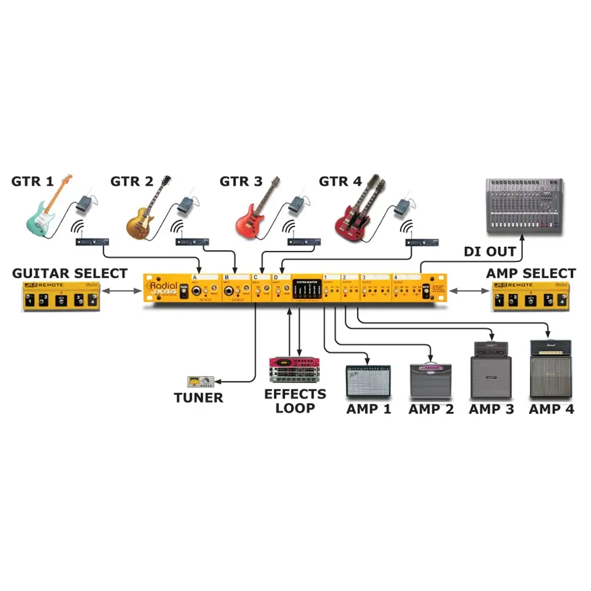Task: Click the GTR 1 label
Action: pyautogui.click(x=32, y=181)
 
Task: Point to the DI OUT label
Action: pyautogui.click(x=490, y=252)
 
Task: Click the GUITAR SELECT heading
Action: pyautogui.click(x=70, y=273)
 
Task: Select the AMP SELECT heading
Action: pyautogui.click(x=531, y=273)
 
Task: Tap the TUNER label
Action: pyautogui.click(x=198, y=397)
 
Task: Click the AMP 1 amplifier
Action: pyautogui.click(x=368, y=381)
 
